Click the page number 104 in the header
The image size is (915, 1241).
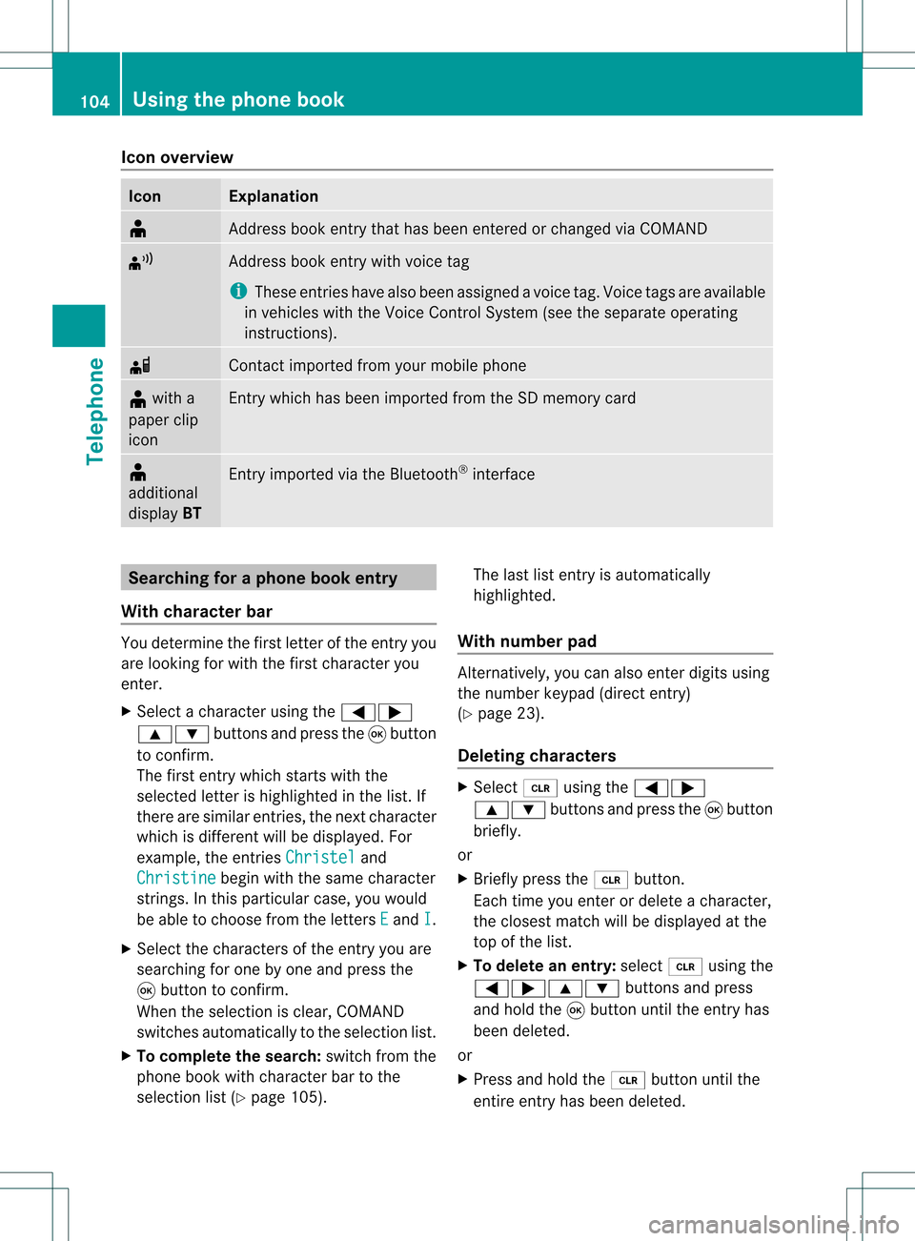click(x=94, y=101)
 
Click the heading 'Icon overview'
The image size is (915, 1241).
click(x=177, y=157)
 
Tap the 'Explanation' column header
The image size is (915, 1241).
click(x=274, y=196)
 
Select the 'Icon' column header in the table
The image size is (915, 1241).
click(x=145, y=196)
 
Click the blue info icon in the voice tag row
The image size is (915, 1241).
click(x=238, y=291)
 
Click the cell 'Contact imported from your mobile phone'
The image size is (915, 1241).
click(x=377, y=365)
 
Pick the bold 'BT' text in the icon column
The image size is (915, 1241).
click(x=192, y=513)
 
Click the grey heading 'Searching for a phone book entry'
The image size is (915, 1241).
click(x=263, y=578)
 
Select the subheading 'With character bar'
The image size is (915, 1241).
click(x=197, y=611)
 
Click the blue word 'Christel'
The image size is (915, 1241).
click(x=320, y=857)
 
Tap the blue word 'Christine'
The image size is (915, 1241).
click(x=176, y=878)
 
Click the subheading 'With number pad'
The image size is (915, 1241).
click(x=527, y=641)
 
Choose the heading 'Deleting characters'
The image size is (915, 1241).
click(x=537, y=756)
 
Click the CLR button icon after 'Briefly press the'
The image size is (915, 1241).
click(x=611, y=880)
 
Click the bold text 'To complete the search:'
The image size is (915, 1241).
click(x=229, y=1056)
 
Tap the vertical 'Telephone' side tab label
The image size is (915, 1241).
click(x=95, y=411)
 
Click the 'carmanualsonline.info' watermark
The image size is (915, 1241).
click(x=773, y=1224)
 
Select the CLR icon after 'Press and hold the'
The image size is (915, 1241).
click(x=628, y=1080)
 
